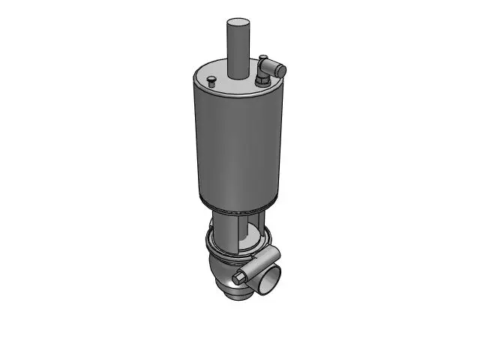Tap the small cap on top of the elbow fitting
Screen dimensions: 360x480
[x=263, y=58]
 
